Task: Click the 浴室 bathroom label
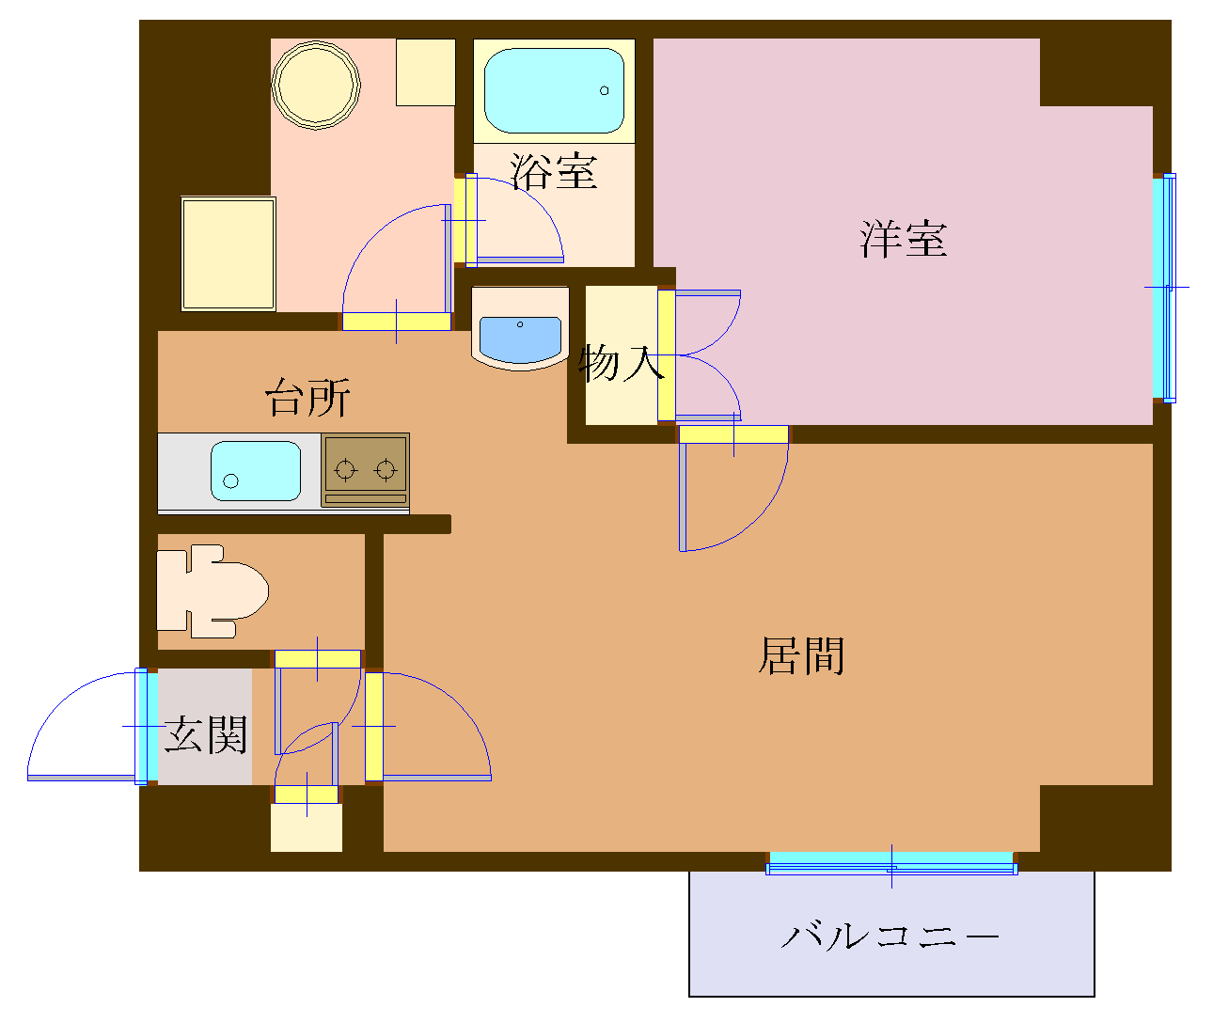[x=554, y=171]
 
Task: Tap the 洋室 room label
[x=903, y=239]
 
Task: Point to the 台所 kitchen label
[x=307, y=398]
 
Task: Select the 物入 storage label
[x=621, y=363]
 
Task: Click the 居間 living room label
[x=801, y=655]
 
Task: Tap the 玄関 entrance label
[x=205, y=734]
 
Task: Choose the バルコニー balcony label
[x=890, y=936]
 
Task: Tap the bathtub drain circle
[x=605, y=91]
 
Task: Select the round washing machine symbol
[x=316, y=83]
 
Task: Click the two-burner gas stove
[x=365, y=469]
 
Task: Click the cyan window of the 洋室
[x=1162, y=288]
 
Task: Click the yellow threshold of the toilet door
[x=318, y=658]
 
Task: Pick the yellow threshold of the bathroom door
[x=463, y=220]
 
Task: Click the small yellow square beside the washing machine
[x=425, y=71]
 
